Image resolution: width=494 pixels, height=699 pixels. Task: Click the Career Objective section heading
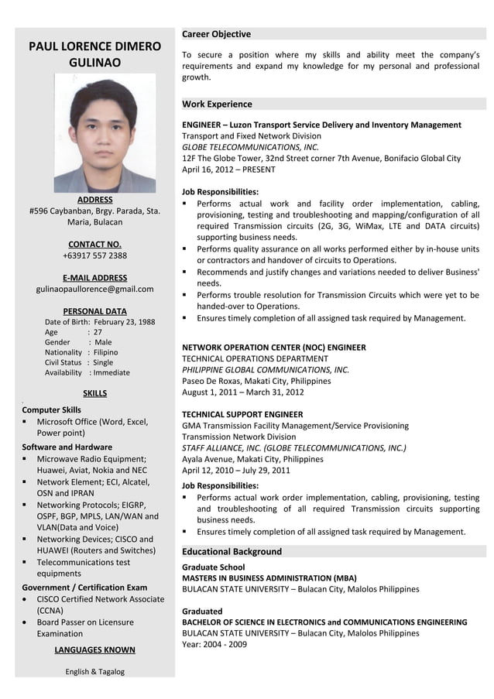[216, 34]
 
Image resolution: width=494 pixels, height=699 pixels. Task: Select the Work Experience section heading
[217, 104]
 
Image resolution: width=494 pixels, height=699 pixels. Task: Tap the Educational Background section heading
[232, 551]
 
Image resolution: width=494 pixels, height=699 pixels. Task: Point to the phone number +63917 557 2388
[94, 255]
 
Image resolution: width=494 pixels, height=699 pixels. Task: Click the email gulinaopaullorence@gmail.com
[94, 290]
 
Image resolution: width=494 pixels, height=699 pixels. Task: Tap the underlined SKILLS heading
[94, 393]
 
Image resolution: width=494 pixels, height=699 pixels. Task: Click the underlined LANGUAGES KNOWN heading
[94, 649]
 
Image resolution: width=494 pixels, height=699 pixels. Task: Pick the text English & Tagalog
[94, 671]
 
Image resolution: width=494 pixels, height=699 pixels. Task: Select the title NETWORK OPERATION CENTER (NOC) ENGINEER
[273, 348]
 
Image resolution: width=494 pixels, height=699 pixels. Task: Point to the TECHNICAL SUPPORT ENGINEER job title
[242, 414]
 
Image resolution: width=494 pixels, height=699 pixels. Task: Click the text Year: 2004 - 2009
[214, 644]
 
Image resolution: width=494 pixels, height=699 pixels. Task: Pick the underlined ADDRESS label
[94, 200]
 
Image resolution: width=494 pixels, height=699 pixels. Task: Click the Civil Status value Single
[103, 362]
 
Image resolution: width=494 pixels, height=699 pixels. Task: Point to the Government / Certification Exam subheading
[84, 587]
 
